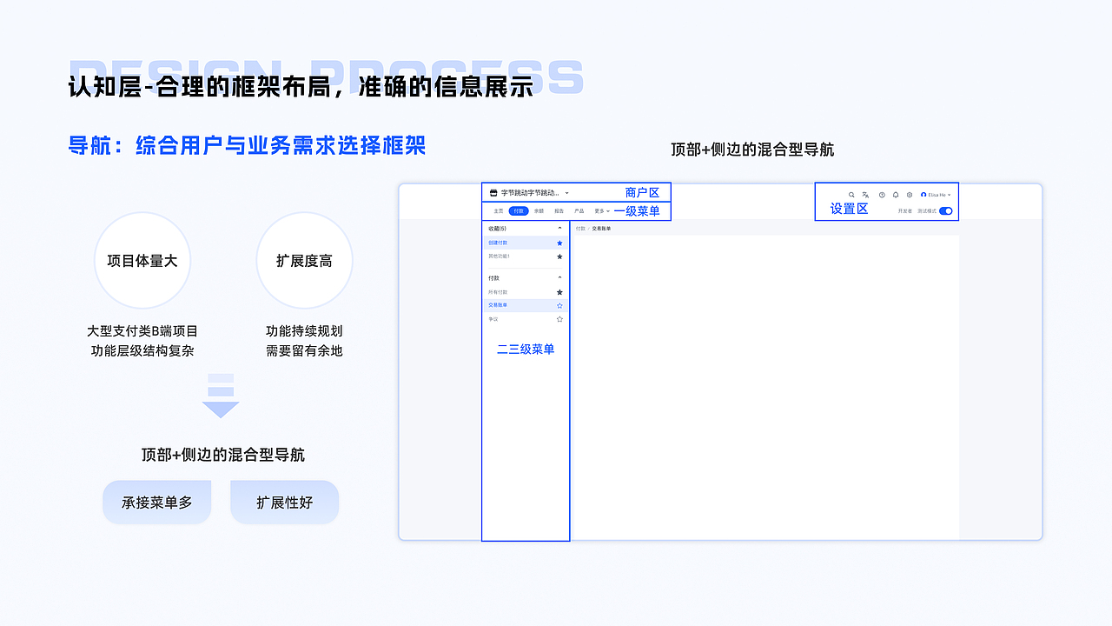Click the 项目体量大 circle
pos(142,260)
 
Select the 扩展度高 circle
pos(304,260)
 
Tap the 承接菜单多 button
pos(157,503)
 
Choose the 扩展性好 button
pos(284,503)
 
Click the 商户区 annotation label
pos(642,192)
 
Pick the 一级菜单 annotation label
pos(637,211)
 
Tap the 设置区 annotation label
pos(849,209)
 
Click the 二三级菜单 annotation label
pos(526,350)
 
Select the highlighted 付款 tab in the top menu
pos(519,211)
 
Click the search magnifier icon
pos(851,195)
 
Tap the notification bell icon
pos(896,195)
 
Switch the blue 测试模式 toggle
pos(945,211)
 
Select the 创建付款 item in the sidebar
pos(499,243)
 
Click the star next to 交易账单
pos(559,306)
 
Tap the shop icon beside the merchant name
pos(493,193)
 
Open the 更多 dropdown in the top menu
pos(601,211)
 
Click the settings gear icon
pos(910,195)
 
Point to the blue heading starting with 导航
pos(247,145)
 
